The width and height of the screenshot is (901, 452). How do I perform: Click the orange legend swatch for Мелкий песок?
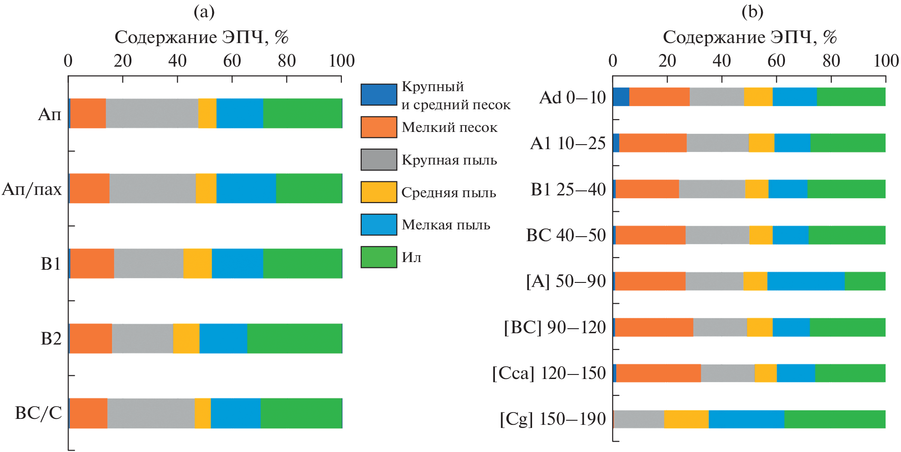[379, 127]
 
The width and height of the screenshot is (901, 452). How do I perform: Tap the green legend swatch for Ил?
[379, 257]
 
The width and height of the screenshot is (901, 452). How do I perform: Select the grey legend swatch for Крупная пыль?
[379, 160]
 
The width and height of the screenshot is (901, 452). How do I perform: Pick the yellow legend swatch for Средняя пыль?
[379, 192]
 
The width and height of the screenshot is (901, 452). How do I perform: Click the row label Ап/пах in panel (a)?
[32, 189]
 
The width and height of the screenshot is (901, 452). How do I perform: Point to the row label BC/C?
[38, 413]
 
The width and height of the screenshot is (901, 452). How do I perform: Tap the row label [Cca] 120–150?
[549, 373]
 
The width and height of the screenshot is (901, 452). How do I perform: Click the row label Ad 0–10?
[572, 97]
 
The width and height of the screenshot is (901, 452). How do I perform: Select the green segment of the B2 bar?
[295, 338]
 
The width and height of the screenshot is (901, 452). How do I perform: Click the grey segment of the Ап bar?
[152, 113]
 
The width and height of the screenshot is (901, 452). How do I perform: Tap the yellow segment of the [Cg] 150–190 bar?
[686, 419]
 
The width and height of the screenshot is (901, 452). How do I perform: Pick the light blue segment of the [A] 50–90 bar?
[806, 281]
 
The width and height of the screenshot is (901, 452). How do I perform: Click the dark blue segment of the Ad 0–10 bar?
[621, 97]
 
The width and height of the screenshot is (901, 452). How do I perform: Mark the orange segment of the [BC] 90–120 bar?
[654, 327]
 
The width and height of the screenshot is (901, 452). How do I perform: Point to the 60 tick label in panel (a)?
[232, 61]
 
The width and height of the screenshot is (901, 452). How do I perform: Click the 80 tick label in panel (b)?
[831, 61]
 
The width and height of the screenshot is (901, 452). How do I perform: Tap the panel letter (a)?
[204, 12]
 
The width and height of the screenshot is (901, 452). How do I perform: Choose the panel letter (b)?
[752, 12]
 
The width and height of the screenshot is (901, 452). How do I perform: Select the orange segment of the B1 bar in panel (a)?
[92, 263]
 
